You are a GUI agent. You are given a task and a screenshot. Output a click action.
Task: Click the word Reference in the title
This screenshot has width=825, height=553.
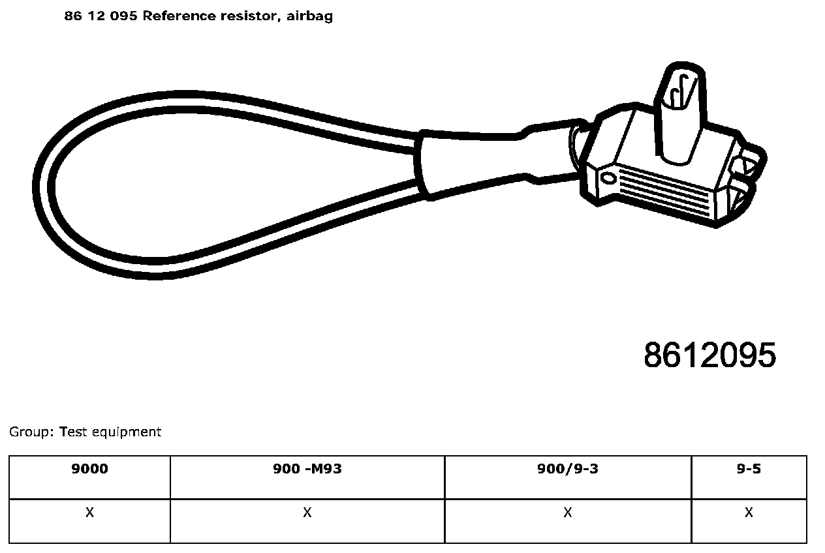click(179, 16)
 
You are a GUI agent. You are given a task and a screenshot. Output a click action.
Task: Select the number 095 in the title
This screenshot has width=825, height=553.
click(123, 16)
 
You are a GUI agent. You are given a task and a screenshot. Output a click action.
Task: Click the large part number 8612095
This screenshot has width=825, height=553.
click(709, 355)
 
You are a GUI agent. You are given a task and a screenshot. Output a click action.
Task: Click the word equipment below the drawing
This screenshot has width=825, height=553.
click(127, 432)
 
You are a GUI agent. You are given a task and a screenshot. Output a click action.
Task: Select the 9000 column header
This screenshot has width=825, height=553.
click(89, 469)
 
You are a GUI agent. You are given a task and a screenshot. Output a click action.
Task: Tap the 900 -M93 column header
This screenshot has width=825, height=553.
click(307, 469)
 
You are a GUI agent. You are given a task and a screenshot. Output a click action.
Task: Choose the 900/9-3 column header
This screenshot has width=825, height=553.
click(568, 469)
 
